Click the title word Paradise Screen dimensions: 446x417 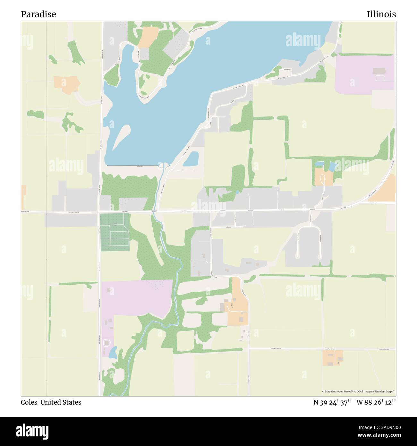pos(38,14)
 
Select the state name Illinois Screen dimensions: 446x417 pos(381,14)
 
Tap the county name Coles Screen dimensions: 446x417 pos(29,402)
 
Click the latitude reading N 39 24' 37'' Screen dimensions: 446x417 pos(333,402)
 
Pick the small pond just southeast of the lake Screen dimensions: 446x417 pos(191,159)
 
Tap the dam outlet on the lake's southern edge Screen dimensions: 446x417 pos(163,166)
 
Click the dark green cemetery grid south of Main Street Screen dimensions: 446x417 pos(115,232)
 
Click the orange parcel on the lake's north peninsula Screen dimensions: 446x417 pos(148,37)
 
